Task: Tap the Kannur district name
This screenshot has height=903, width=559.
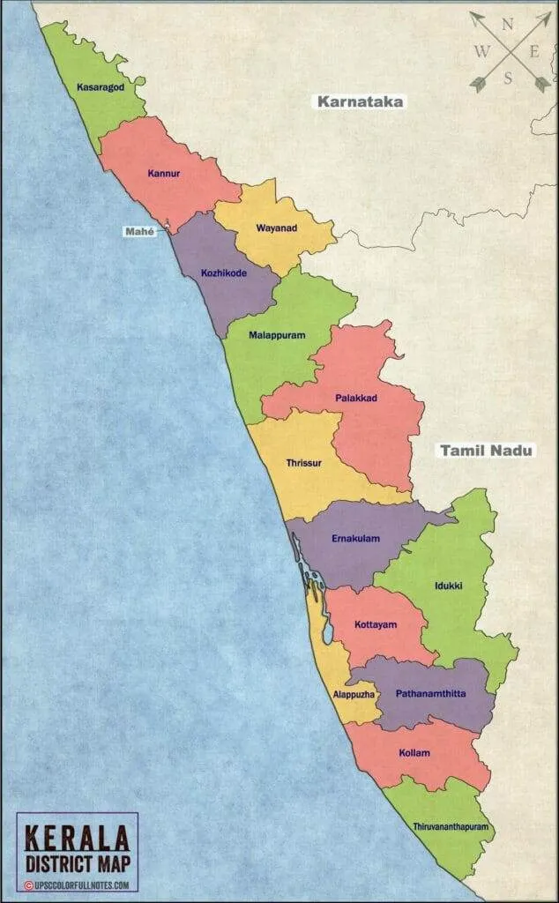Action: click(164, 174)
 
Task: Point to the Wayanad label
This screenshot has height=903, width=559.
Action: click(276, 228)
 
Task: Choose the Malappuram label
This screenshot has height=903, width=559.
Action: click(259, 335)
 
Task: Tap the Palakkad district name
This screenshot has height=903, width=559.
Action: click(356, 399)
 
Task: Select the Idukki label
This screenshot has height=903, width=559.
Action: click(449, 585)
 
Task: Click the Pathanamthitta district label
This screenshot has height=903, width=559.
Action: click(431, 693)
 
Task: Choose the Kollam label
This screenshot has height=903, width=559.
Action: click(415, 752)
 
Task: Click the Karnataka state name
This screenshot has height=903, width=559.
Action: click(361, 101)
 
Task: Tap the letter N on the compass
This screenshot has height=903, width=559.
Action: click(507, 24)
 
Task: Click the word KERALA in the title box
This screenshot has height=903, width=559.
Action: click(77, 837)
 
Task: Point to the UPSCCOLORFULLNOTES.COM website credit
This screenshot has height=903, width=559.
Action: click(81, 884)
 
